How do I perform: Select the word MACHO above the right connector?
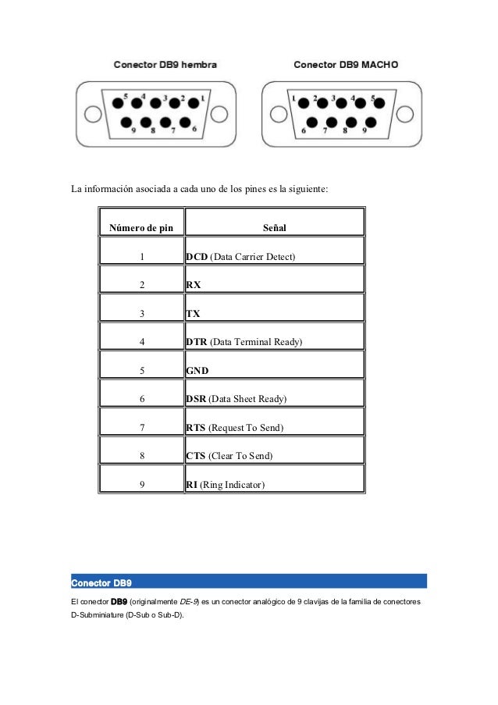point(379,65)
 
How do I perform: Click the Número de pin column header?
point(141,229)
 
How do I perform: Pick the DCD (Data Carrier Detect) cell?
point(240,257)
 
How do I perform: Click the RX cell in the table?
point(194,286)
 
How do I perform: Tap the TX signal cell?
point(194,314)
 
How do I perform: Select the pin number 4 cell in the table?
point(141,343)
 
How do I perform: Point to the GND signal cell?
point(197,371)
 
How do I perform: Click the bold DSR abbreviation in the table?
point(197,400)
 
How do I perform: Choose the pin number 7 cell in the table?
point(141,428)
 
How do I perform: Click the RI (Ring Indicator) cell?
point(226,485)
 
